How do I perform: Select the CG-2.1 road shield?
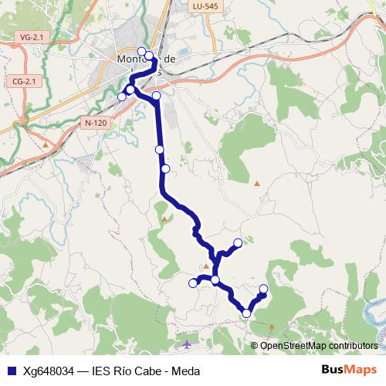coord(26,81)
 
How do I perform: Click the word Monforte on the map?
coord(134,59)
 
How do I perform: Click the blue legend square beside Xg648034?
coord(11,371)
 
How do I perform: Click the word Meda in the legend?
coord(185,371)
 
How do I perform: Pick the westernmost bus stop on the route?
coord(121,96)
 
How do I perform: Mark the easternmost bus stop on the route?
coord(263,289)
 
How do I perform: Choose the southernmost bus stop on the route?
coord(246,313)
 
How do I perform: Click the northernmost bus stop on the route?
coord(141,52)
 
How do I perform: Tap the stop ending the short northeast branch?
coord(238,243)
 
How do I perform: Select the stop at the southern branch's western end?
coord(193,283)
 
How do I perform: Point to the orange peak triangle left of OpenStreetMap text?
coord(252,346)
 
